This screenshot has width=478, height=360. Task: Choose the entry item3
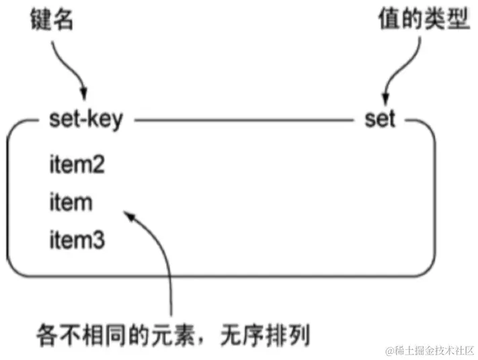(x=76, y=239)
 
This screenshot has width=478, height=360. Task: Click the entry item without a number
(x=70, y=203)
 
